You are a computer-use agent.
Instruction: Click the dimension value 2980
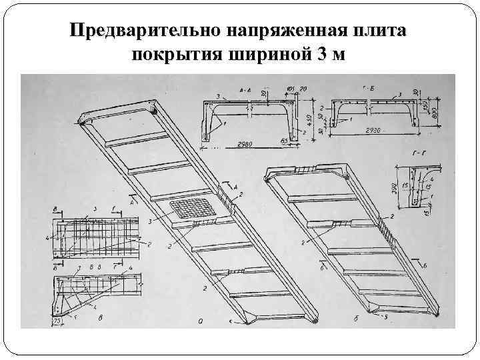[244, 144]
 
